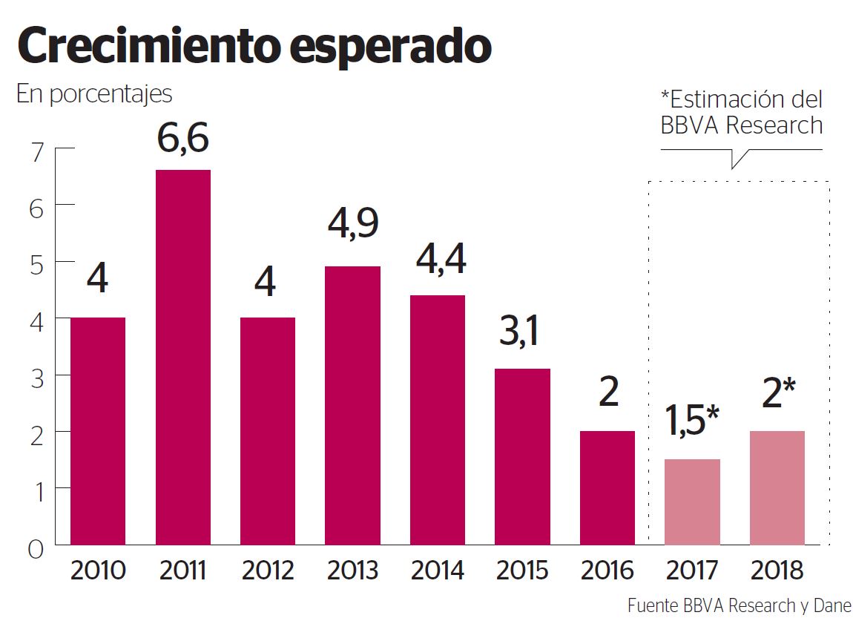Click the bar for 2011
point(182,358)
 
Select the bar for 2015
point(522,456)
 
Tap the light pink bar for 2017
point(692,502)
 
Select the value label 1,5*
point(691,422)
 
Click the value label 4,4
point(438,260)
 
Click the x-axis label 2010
point(98,571)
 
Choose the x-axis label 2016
point(607,571)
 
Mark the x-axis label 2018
point(777,571)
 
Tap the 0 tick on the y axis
point(38,549)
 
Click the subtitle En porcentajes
point(94,95)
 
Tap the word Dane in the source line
point(835,605)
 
